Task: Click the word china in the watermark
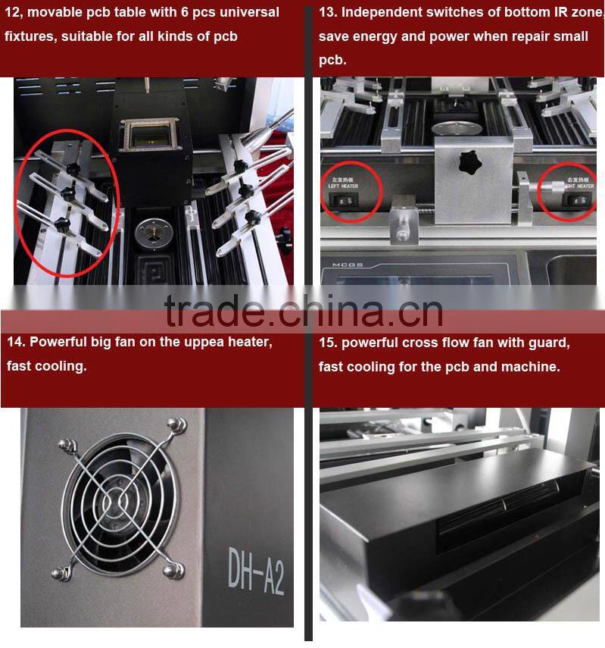tap(340, 311)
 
